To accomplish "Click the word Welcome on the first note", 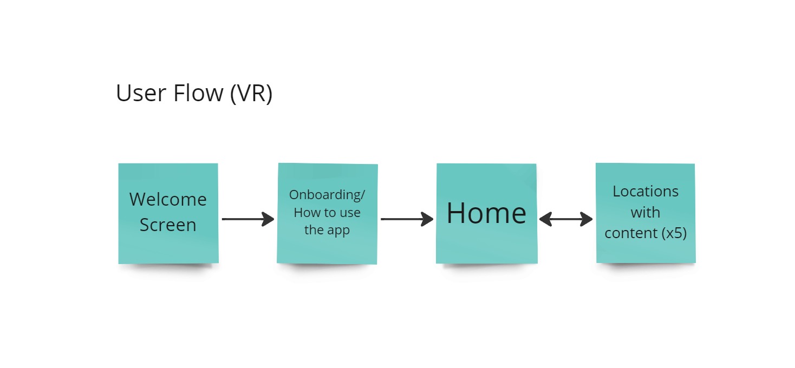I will (168, 200).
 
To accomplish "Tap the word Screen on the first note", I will (168, 225).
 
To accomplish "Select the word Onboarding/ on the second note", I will (327, 195).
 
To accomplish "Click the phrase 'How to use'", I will (327, 213).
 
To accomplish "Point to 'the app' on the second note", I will (327, 230).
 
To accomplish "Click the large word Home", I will (486, 213).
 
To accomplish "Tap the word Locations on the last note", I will (646, 192).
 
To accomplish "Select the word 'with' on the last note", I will (646, 213).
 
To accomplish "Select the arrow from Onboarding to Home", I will (407, 219).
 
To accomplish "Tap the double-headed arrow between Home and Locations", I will (566, 219).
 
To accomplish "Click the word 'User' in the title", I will (141, 93).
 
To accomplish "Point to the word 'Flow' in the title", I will (198, 93).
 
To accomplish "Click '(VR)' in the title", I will (251, 93).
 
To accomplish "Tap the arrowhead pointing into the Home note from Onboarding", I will (428, 219).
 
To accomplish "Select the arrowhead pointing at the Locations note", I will (587, 219).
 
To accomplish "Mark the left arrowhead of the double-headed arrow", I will (545, 219).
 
